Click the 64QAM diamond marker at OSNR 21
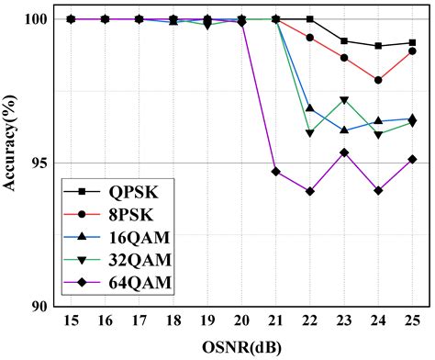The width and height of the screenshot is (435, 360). pos(275,171)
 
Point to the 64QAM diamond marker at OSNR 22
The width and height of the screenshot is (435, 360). pos(309,191)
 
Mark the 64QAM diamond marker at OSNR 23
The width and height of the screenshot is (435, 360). pos(343,152)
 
